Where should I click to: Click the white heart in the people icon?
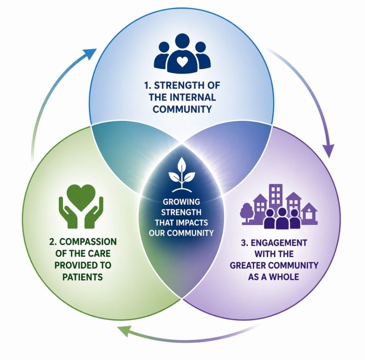click(x=182, y=62)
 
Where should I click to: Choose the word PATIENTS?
click(x=83, y=277)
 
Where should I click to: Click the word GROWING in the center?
click(x=182, y=202)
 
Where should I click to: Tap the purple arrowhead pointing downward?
click(x=330, y=150)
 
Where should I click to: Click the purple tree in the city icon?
click(x=246, y=211)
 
